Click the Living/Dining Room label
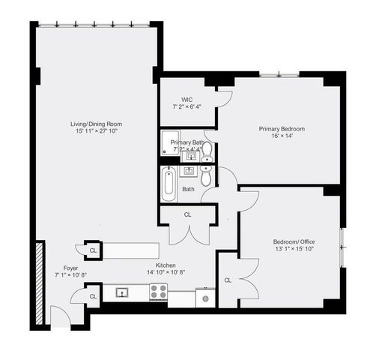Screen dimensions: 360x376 [x=96, y=123]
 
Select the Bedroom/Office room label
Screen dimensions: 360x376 [x=294, y=241]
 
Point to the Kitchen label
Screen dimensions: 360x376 [x=166, y=265]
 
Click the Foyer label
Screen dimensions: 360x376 [x=70, y=268]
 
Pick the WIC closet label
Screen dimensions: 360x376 [x=187, y=100]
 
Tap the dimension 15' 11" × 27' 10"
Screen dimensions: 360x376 [x=96, y=131]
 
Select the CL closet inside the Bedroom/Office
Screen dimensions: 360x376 [x=227, y=280]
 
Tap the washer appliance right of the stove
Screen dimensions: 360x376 [x=206, y=298]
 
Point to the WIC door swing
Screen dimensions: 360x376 [x=222, y=97]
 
